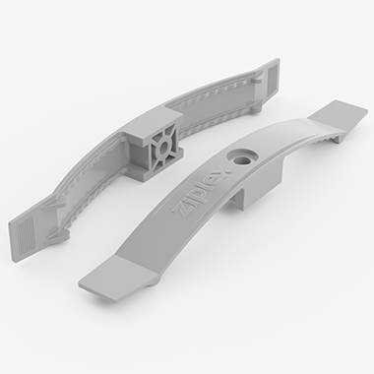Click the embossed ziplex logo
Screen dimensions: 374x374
pos(202,193)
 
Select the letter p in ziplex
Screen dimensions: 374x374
pos(197,198)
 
